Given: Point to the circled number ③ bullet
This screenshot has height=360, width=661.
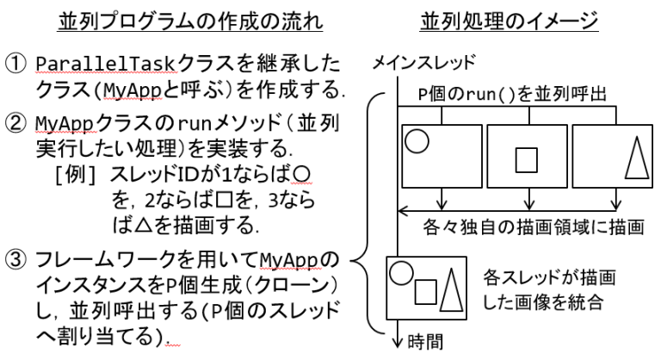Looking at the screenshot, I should click(18, 260).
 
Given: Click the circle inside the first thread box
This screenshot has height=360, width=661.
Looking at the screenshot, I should click(416, 141).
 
